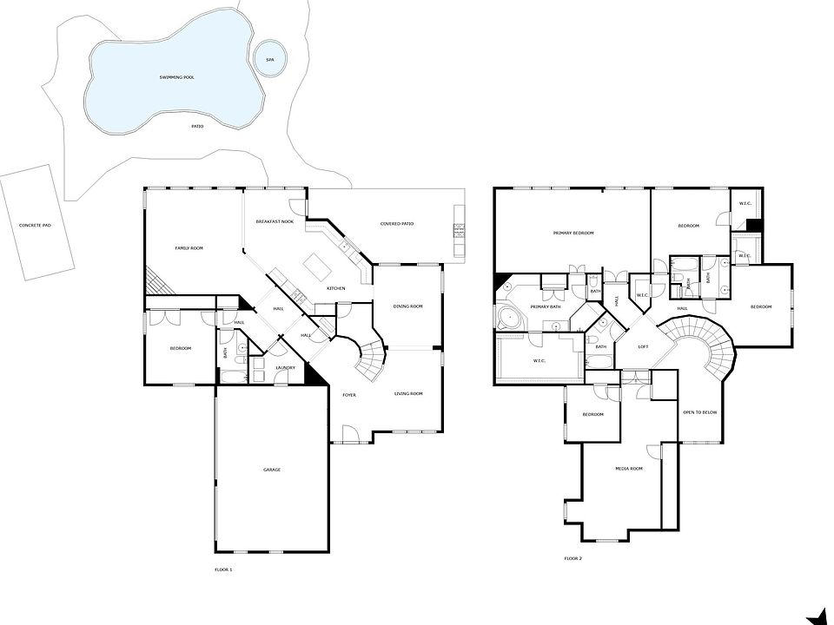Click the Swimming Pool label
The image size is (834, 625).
pos(176,77)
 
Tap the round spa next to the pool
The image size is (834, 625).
pos(269,59)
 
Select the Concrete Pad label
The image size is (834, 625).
pos(36,225)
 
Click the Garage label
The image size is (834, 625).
pos(272,470)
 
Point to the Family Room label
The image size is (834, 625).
pos(189,248)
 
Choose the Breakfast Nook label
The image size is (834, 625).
pos(275,222)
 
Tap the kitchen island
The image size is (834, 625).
pos(313,261)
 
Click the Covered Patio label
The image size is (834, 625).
pos(397,224)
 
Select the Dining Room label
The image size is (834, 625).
pos(407,306)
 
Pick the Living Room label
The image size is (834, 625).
pos(408,394)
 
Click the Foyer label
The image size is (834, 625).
pos(349,395)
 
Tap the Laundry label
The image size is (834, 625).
pos(285,368)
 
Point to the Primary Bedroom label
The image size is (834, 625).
pos(573,233)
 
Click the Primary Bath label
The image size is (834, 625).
pos(546,306)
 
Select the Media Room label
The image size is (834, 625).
pos(628,469)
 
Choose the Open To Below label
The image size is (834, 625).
pos(699,412)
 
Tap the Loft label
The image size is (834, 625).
pos(644,346)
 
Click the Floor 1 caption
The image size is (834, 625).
pos(223,569)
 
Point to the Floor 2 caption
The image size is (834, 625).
pos(573,558)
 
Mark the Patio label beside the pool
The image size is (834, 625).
pos(197,126)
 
